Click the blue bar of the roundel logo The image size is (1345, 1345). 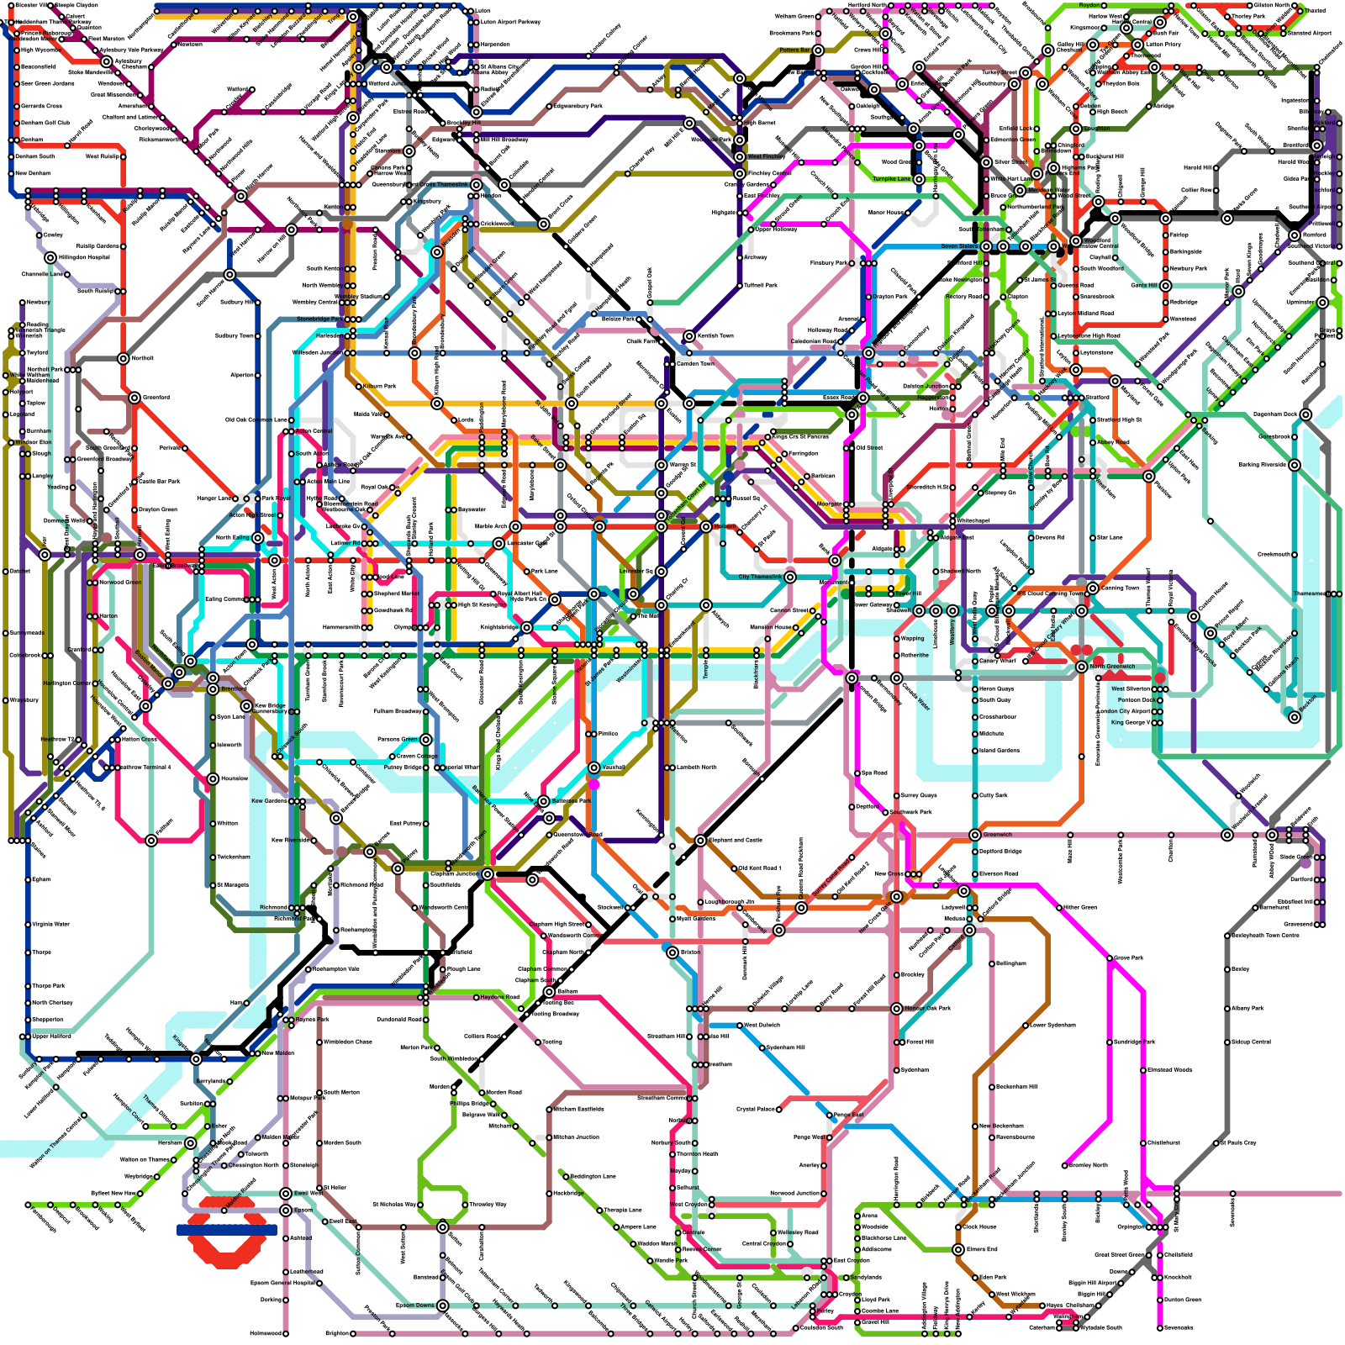(x=226, y=1230)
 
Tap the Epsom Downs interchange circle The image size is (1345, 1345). (x=442, y=1305)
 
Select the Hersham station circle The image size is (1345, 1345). (x=190, y=1143)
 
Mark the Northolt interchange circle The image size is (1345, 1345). (x=124, y=359)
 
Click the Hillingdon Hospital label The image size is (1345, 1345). (x=84, y=257)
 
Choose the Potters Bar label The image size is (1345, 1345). (x=794, y=50)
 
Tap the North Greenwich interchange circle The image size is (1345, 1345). (x=1081, y=667)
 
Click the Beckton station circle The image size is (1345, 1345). (x=1295, y=716)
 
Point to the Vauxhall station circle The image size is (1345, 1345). (x=594, y=767)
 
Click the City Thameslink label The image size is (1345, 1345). (x=760, y=577)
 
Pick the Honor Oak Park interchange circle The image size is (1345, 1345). (x=897, y=1009)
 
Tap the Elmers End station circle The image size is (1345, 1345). (x=957, y=1250)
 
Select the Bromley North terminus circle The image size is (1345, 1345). (x=1065, y=1166)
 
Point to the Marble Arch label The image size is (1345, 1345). (x=491, y=527)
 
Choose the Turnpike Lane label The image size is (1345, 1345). (x=891, y=179)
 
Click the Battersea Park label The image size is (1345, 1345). (x=572, y=801)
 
